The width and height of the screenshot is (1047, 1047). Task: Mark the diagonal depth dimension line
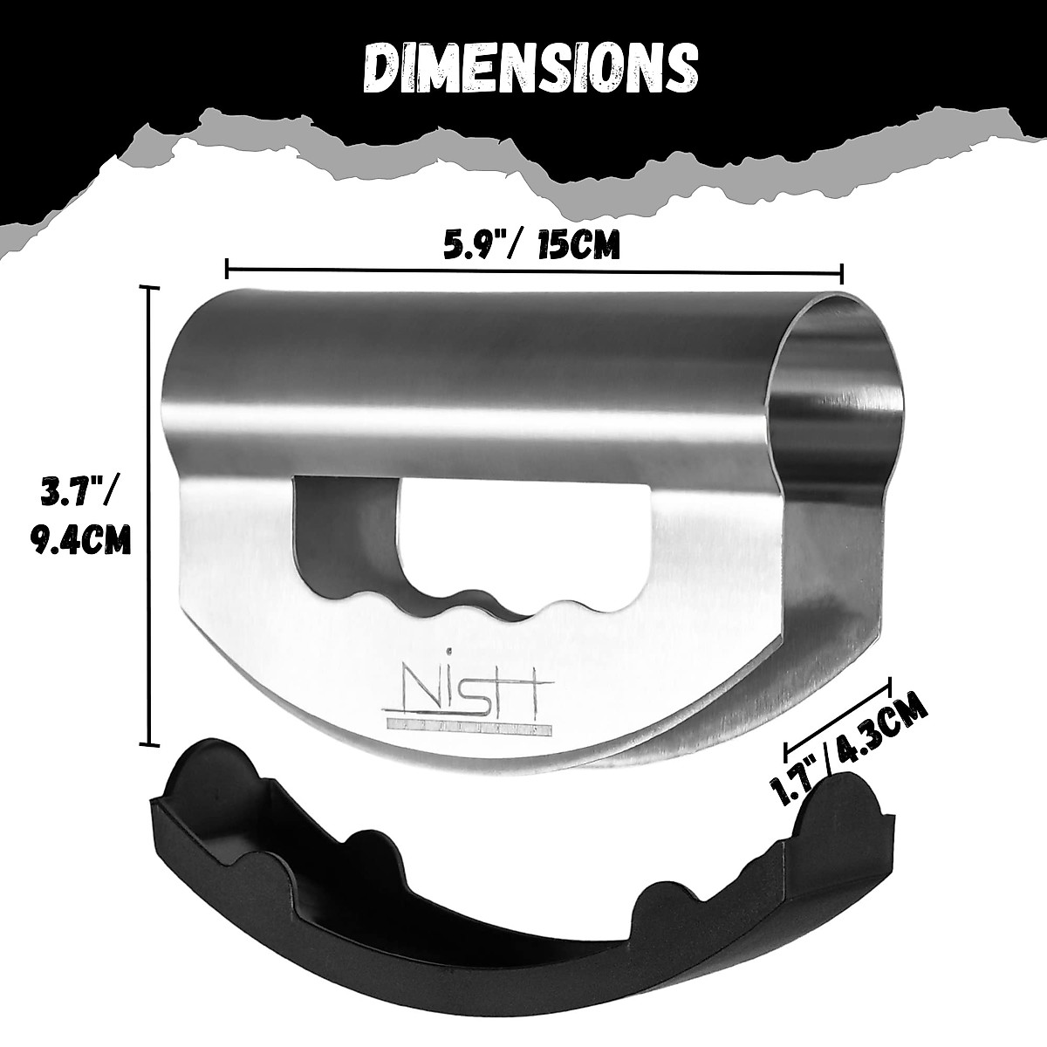[x=838, y=713]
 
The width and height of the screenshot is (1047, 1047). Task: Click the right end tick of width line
[x=840, y=271]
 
